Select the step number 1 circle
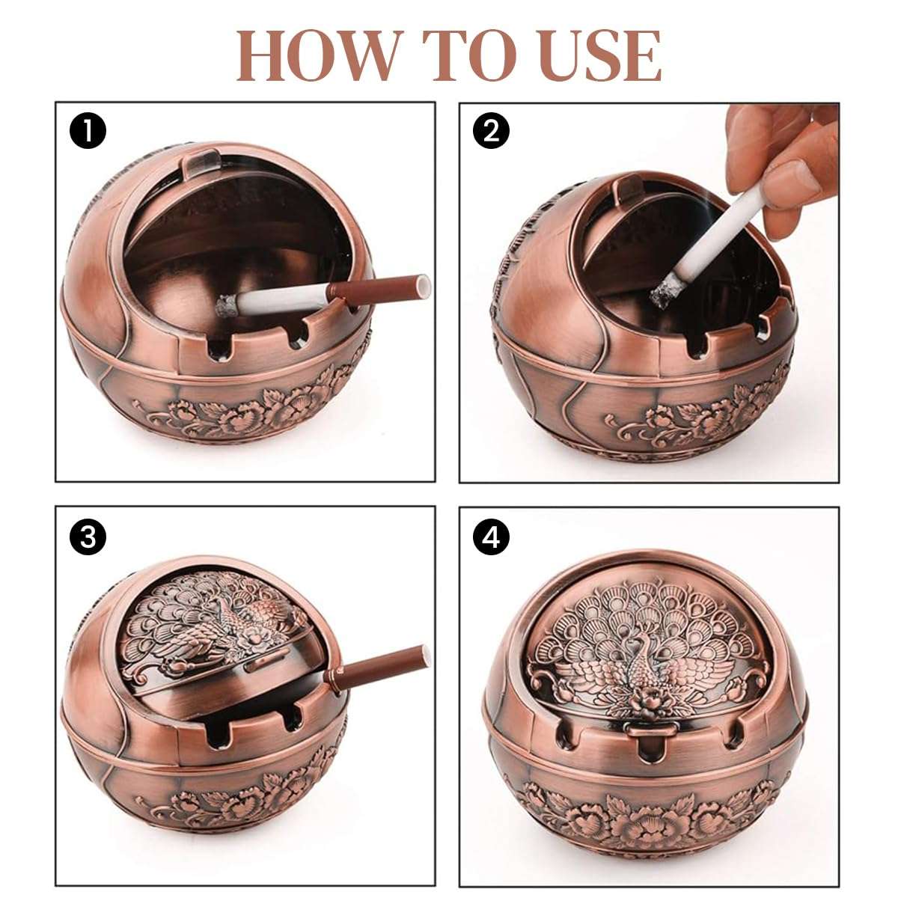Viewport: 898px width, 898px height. point(88,132)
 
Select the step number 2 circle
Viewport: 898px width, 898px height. point(492,132)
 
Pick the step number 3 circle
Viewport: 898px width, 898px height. point(88,537)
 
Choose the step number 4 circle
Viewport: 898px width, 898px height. point(492,537)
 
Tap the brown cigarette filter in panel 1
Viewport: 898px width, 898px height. point(382,288)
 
